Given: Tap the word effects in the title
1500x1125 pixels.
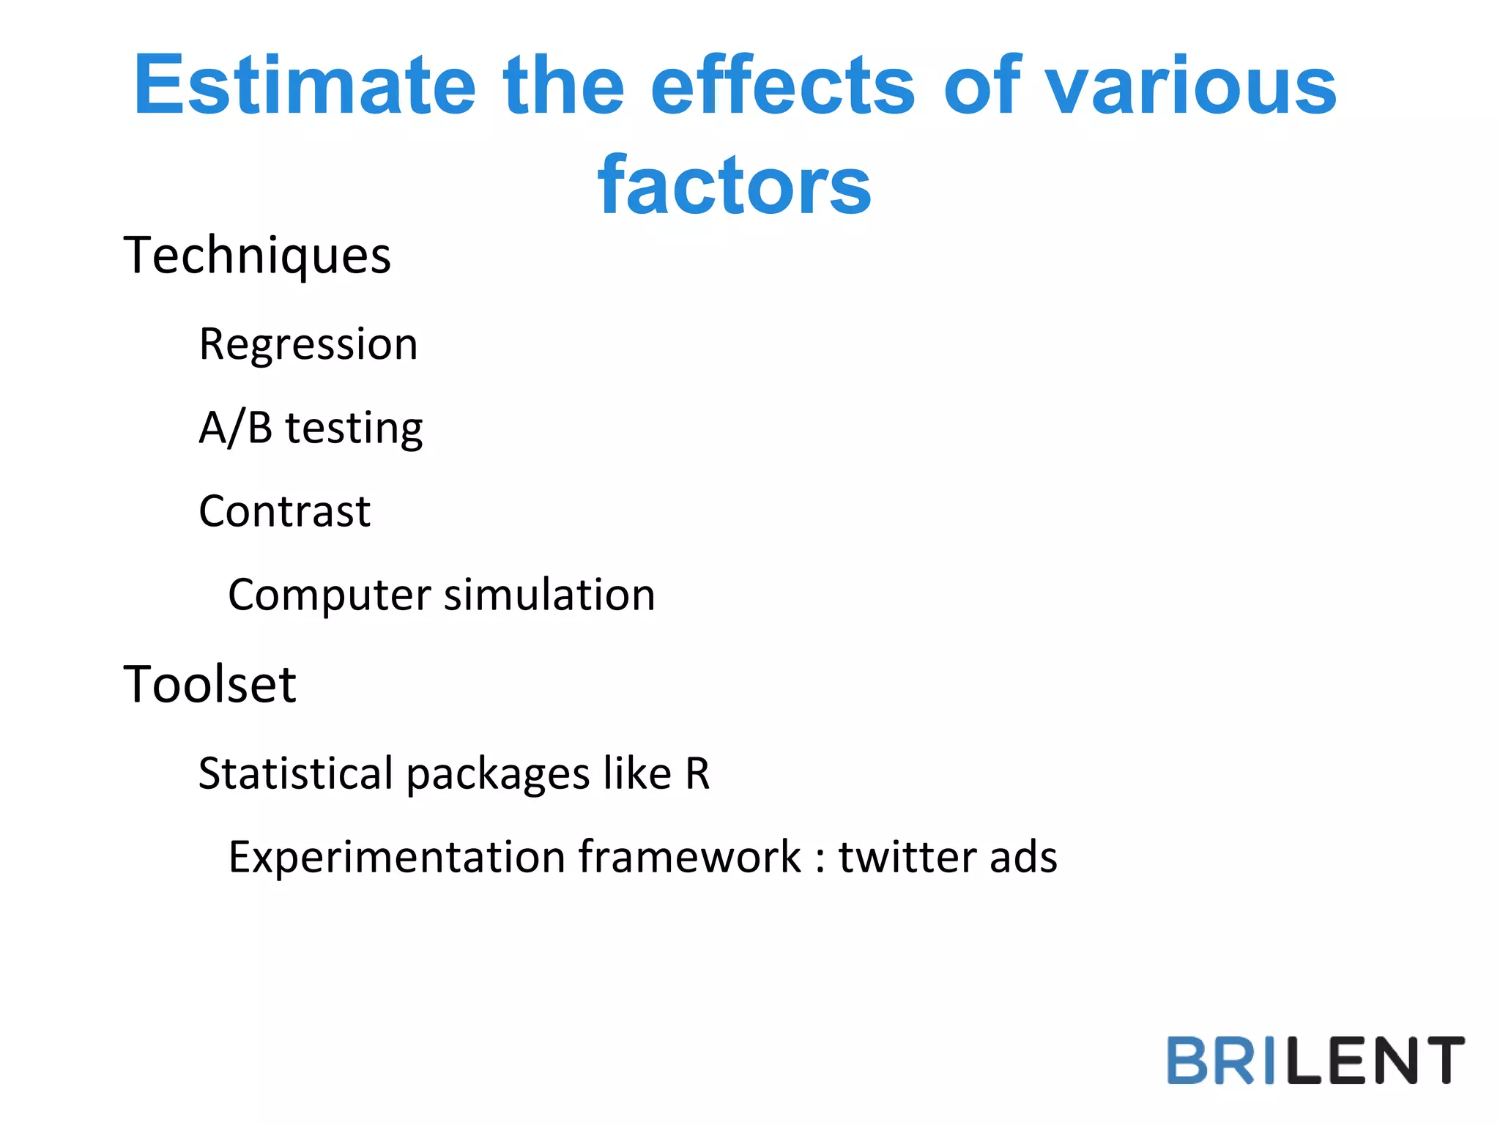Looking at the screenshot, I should click(x=782, y=86).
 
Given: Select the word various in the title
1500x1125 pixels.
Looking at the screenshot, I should click(x=1190, y=86).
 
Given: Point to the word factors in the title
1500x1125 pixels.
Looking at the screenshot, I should click(x=734, y=187).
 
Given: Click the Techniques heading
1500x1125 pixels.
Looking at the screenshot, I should click(x=257, y=256).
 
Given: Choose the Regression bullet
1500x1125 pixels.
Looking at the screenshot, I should click(x=308, y=344).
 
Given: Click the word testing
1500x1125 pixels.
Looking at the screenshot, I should click(x=354, y=429).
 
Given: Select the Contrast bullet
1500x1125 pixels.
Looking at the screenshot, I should click(x=285, y=511).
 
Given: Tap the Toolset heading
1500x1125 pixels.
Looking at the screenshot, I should click(x=209, y=685).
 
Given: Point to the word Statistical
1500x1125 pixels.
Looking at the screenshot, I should click(x=296, y=773).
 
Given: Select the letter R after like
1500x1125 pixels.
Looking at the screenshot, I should click(x=697, y=773).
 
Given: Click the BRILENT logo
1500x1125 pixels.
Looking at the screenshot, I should click(x=1315, y=1060).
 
